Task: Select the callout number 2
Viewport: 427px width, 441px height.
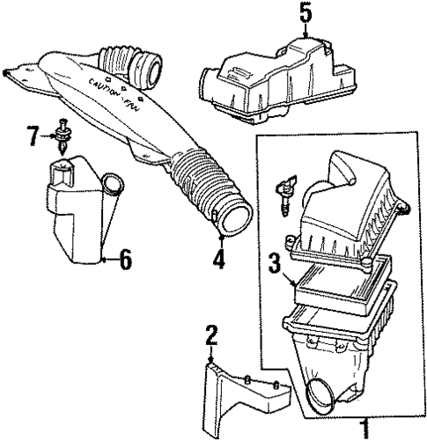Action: tap(210, 334)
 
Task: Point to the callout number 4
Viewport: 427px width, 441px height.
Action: tap(218, 259)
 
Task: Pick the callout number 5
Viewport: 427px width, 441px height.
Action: tap(305, 13)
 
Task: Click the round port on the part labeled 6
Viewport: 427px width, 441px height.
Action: tap(111, 186)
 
